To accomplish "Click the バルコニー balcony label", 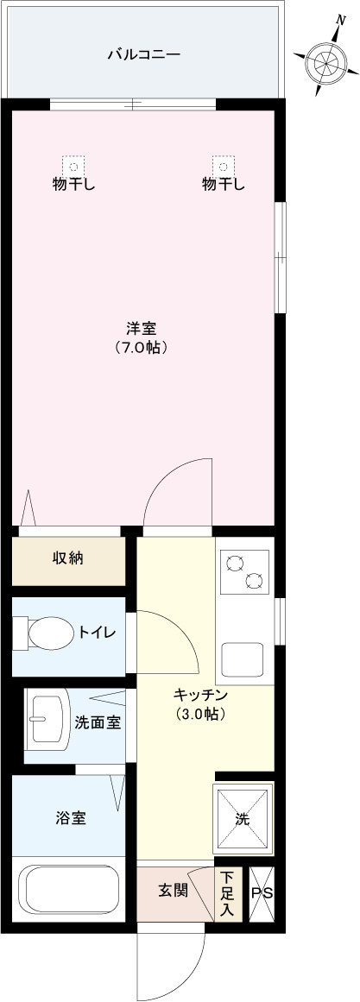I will point(143,54).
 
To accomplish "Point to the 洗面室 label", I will point(97,722).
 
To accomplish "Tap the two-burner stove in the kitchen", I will point(244,572).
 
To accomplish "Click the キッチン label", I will point(200,695).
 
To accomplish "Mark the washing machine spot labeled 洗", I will point(243,818).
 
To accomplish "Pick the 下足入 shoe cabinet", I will point(227,892).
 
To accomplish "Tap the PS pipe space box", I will point(262,892).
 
